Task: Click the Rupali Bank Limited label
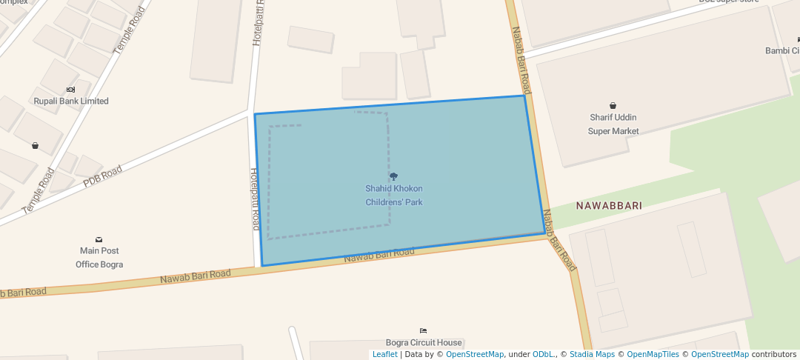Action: coord(71,101)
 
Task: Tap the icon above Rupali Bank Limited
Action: coord(70,89)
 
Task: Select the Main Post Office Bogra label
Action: coord(99,258)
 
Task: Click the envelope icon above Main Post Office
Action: coord(99,239)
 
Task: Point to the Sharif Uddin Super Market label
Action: coord(613,124)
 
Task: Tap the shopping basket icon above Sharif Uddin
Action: coord(613,106)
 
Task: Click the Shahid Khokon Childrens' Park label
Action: coord(394,196)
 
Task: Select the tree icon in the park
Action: coord(393,176)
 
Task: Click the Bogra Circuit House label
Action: coord(424,343)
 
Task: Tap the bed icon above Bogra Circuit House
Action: coord(423,330)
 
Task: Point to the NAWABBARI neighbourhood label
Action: coord(609,205)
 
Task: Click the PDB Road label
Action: coord(102,176)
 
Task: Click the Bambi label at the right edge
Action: coord(782,51)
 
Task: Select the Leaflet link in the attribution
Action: coord(384,355)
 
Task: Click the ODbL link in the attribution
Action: coord(542,355)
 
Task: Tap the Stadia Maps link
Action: coord(592,355)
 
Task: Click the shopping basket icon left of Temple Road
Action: coord(35,146)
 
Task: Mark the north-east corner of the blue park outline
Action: coord(524,96)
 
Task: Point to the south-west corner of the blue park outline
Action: coord(262,266)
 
